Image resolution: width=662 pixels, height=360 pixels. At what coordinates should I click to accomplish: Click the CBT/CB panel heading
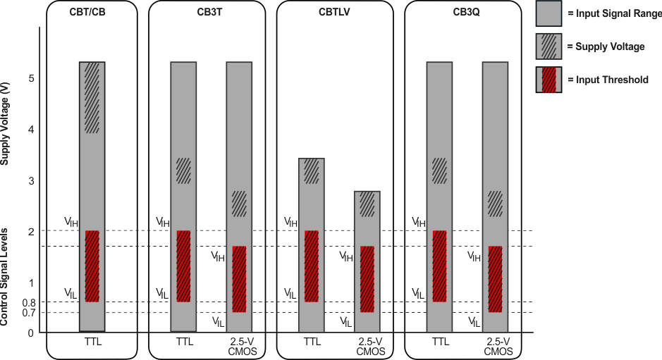(x=92, y=12)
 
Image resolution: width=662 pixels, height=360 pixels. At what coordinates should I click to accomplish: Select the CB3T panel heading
(x=207, y=12)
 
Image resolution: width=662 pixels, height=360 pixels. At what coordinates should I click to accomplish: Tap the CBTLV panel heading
(x=334, y=12)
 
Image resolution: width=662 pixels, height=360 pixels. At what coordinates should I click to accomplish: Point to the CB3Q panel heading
(x=462, y=12)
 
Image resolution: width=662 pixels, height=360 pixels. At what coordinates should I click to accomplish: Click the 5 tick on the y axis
(x=30, y=78)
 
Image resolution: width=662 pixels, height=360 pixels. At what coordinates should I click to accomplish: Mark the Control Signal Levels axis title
(x=6, y=276)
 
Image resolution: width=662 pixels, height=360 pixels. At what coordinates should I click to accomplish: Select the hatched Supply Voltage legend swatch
(x=548, y=46)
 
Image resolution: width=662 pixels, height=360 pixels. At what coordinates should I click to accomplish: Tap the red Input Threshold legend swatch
(x=548, y=80)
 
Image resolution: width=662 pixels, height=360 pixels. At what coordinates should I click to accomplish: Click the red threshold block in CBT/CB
(x=92, y=266)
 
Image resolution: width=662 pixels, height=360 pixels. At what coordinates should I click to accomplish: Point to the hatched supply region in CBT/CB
(x=92, y=97)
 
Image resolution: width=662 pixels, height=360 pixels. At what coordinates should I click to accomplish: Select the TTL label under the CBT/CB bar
(x=92, y=342)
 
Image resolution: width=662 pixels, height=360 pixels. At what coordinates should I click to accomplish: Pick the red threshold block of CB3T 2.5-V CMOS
(x=239, y=279)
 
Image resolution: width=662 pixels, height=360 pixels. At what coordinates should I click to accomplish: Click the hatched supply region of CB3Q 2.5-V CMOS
(x=495, y=204)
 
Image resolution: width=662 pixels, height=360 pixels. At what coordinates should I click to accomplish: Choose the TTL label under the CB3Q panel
(x=440, y=342)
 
